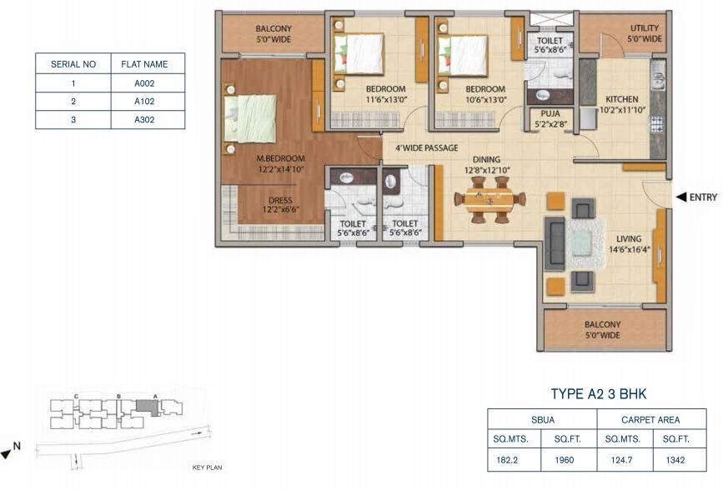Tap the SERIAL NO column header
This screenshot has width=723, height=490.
pos(73,64)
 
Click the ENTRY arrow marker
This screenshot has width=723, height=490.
pos(681,197)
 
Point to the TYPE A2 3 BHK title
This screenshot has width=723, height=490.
pos(599,394)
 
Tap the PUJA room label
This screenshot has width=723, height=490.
pos(550,113)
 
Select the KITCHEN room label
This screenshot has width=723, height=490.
pos(622,97)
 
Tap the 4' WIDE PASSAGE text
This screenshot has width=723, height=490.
pos(420,148)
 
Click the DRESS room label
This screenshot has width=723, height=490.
pos(279,200)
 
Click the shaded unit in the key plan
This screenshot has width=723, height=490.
pos(146,407)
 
